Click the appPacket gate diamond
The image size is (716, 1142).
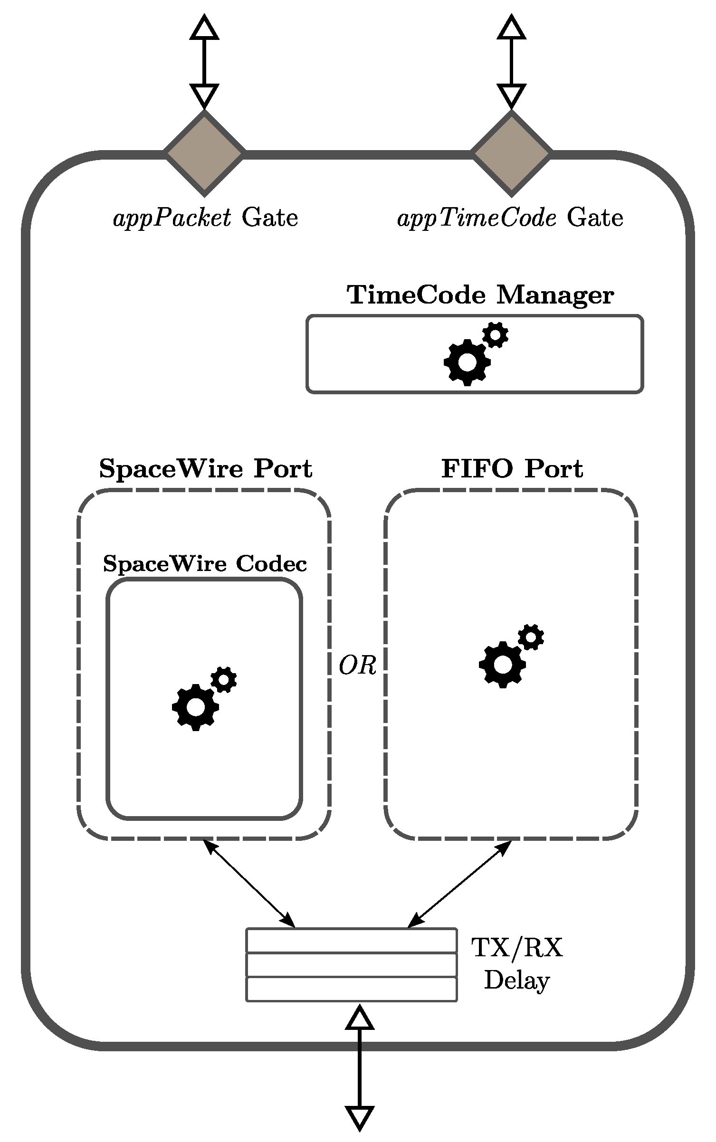(x=204, y=153)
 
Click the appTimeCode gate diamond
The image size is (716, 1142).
(x=511, y=153)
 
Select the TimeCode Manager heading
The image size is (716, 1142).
(x=480, y=295)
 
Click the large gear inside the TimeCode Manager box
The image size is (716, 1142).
(x=467, y=362)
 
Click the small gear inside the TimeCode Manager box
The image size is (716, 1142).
(x=496, y=335)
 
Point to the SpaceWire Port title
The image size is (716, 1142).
(x=205, y=469)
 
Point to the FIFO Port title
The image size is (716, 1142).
(x=512, y=469)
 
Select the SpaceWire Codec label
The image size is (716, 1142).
(x=205, y=564)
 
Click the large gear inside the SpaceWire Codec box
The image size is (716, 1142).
(x=195, y=707)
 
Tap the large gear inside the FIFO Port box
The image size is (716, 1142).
(x=502, y=665)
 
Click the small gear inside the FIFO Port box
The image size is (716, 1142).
(x=531, y=637)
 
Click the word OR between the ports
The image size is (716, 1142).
(x=357, y=666)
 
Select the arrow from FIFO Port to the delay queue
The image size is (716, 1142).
(x=459, y=884)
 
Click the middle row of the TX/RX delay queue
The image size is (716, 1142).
(x=351, y=964)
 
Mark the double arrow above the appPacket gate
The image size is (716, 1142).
(x=204, y=62)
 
